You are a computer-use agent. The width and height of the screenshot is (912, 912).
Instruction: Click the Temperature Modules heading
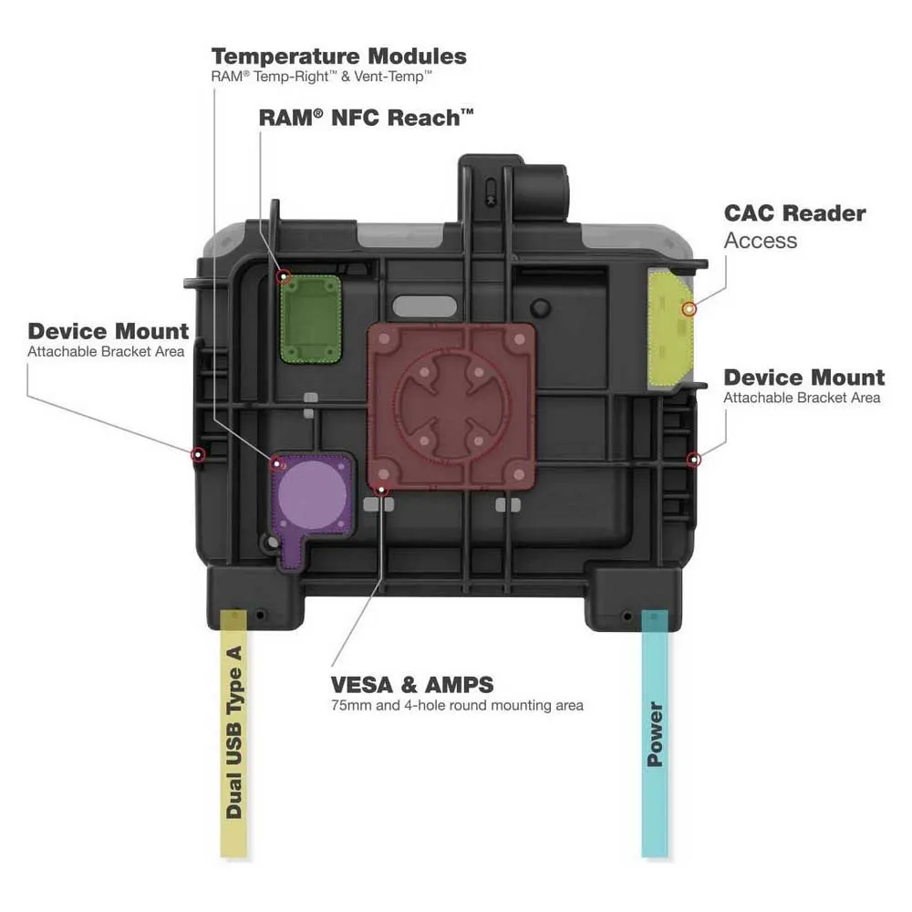click(338, 56)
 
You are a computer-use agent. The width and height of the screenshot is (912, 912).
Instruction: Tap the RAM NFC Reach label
click(367, 117)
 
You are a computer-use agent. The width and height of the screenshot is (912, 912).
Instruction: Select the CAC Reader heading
click(794, 213)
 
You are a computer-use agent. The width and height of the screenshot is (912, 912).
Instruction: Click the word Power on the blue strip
click(655, 734)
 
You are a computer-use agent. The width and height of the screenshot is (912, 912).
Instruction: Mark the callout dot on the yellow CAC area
click(689, 309)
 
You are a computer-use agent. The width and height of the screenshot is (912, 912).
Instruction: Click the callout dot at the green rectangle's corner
click(284, 275)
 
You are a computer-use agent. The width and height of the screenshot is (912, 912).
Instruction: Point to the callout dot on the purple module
click(274, 460)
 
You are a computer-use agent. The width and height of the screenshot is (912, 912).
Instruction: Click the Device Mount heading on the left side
click(109, 331)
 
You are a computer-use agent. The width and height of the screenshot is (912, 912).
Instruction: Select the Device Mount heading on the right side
click(803, 378)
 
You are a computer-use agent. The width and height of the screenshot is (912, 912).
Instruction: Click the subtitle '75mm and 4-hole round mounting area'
click(456, 705)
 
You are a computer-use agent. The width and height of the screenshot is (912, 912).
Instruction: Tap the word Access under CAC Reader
click(761, 241)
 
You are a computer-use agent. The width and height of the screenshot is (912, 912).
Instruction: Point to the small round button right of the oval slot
click(542, 306)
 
